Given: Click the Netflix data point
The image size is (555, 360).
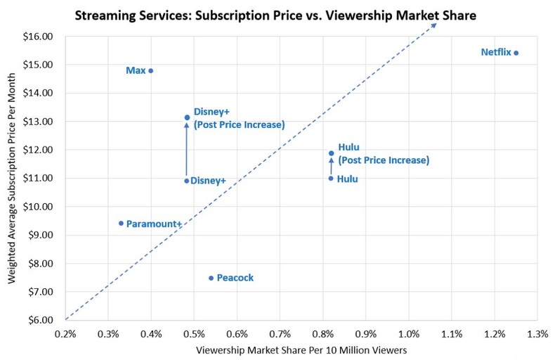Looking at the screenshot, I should click(x=516, y=53).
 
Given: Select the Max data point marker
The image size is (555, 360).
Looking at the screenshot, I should click(x=151, y=70).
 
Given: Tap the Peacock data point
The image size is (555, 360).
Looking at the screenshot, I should click(x=211, y=278).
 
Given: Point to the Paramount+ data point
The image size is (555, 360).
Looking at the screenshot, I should click(x=121, y=223).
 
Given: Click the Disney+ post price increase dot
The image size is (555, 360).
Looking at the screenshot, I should click(x=187, y=117).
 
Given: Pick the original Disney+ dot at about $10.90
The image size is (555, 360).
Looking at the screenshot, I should click(x=187, y=181).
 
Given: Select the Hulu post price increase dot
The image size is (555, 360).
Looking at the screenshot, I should click(x=331, y=153).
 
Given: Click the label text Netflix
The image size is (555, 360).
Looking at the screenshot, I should click(x=495, y=52).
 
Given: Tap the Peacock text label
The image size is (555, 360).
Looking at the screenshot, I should click(x=235, y=278).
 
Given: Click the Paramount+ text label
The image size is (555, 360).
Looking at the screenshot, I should click(x=154, y=224).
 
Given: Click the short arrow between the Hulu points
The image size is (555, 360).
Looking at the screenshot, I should click(x=331, y=166).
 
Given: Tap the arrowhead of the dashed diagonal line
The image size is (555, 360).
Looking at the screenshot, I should click(x=434, y=25).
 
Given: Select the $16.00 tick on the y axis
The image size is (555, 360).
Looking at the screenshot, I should click(x=38, y=36).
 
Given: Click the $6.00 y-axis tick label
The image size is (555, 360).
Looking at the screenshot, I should click(x=38, y=320).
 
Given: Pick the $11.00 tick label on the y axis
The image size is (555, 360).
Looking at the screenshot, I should click(x=38, y=178).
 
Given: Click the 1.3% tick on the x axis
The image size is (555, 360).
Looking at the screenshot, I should click(x=537, y=333).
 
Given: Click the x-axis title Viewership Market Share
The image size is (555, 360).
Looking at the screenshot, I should click(x=301, y=349).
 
